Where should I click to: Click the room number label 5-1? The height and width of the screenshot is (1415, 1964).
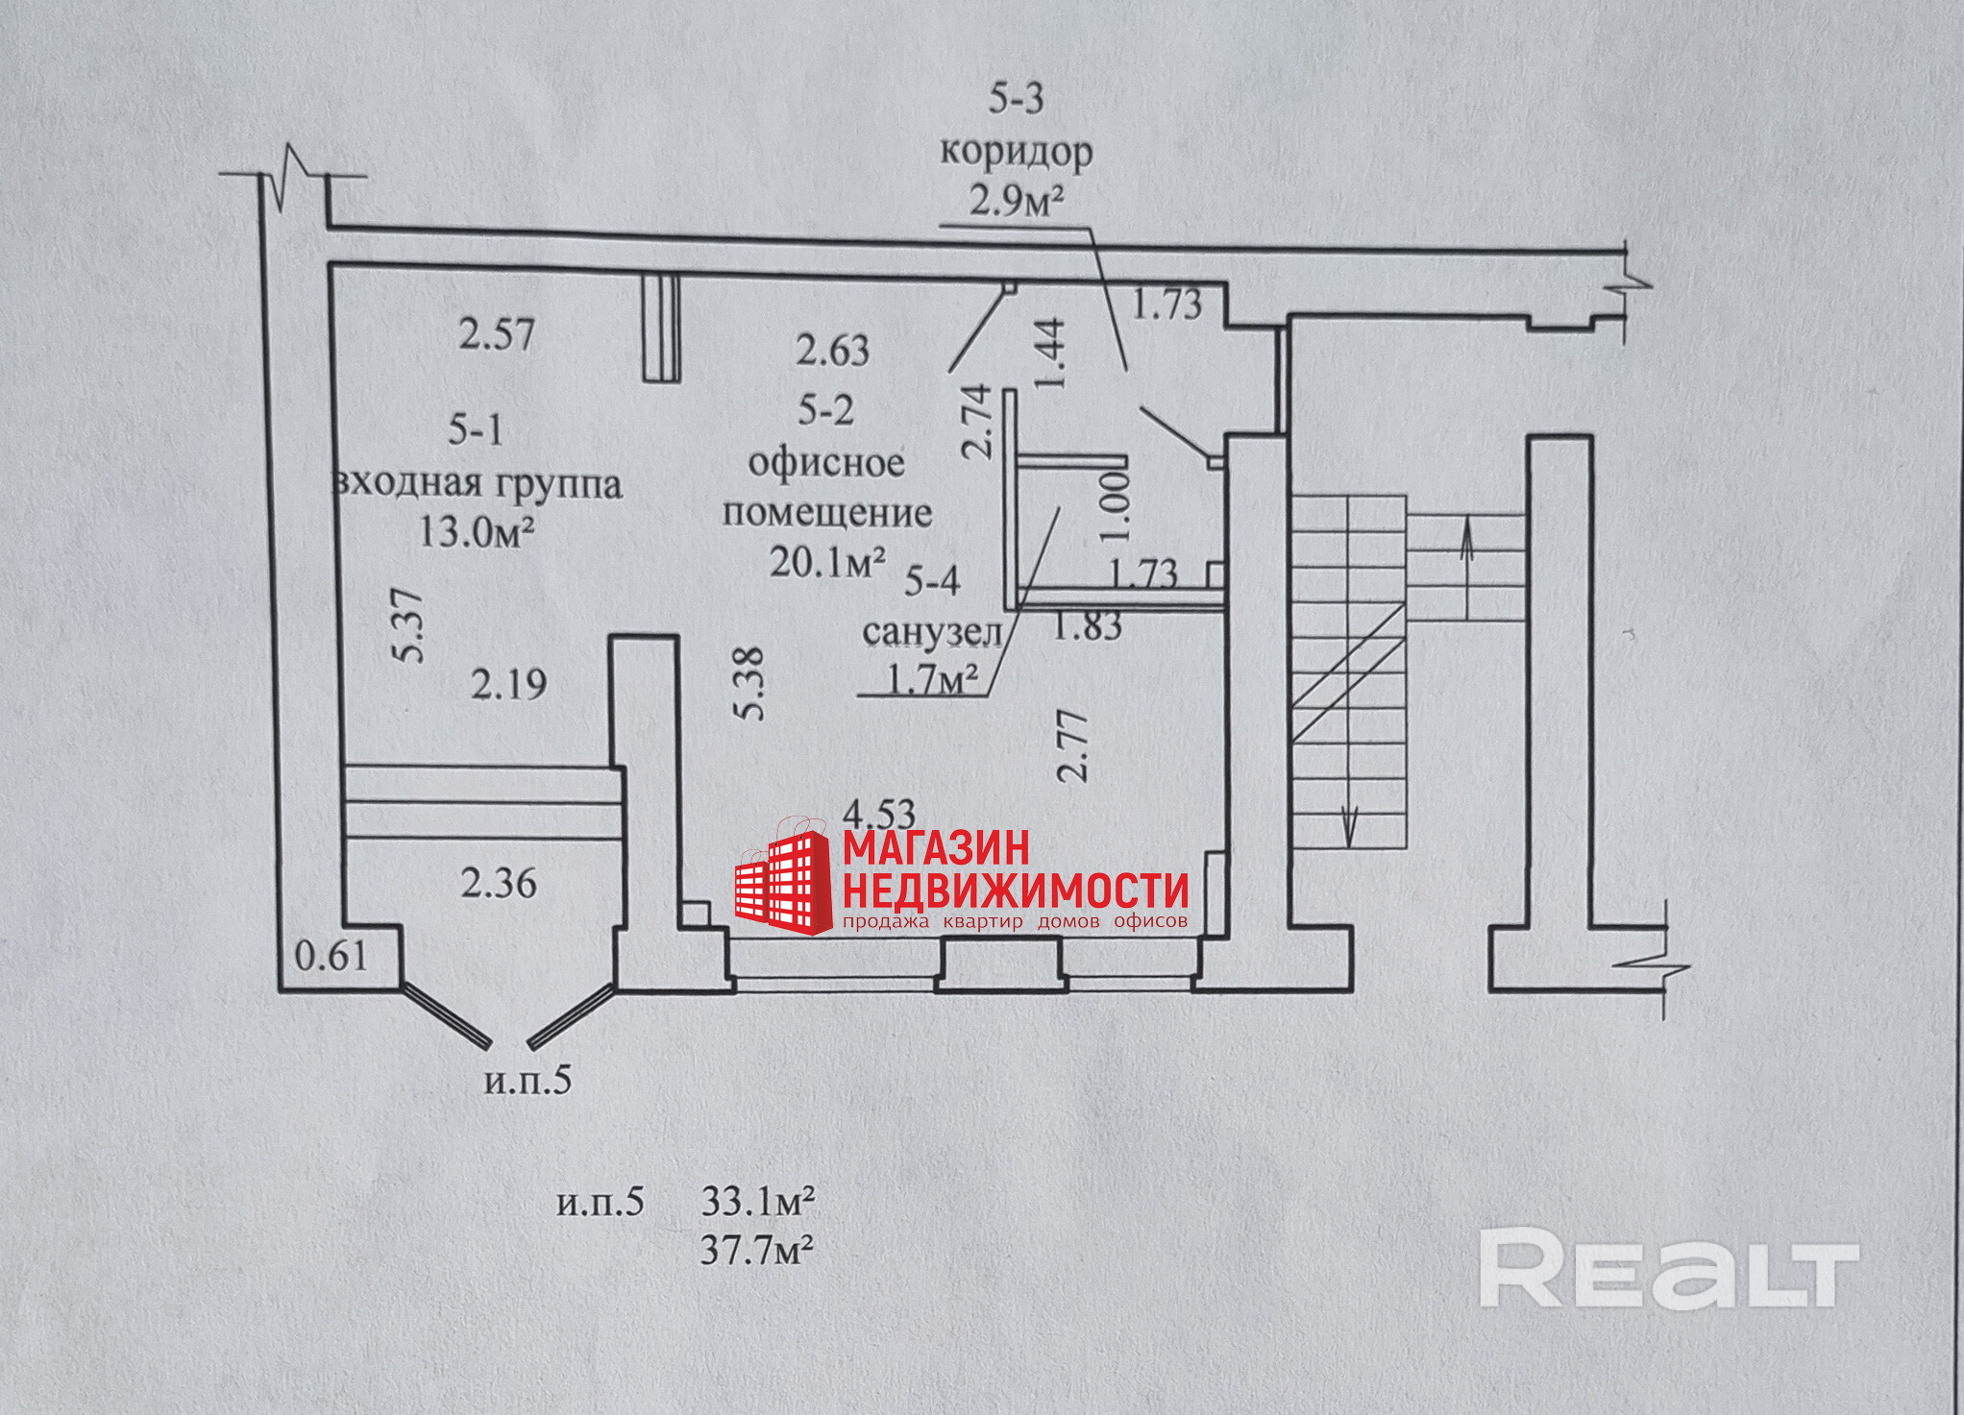tap(476, 429)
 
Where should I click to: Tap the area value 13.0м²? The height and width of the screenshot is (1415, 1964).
tap(477, 530)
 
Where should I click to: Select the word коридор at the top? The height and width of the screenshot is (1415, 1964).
tap(1016, 152)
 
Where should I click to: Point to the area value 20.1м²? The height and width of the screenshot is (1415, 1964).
tap(827, 562)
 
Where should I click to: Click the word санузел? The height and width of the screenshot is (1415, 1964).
tap(932, 632)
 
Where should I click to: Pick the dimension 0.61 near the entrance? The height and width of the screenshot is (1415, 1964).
tap(331, 956)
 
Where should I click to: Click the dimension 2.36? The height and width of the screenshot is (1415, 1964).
tap(499, 883)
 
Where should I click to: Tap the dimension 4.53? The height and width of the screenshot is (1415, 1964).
tap(879, 815)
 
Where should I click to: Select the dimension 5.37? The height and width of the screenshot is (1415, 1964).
tap(407, 624)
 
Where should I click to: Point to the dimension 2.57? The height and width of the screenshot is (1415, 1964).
tap(496, 334)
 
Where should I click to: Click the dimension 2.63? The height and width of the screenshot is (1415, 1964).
tap(832, 351)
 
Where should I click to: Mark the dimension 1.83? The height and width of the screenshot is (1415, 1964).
tap(1087, 627)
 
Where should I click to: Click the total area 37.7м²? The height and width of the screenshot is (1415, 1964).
tap(757, 1251)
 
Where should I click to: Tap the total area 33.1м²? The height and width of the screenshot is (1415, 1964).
tap(758, 1201)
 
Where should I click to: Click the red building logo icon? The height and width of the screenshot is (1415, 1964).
tap(784, 882)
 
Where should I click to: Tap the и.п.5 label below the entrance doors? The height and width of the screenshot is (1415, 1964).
tap(528, 1081)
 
